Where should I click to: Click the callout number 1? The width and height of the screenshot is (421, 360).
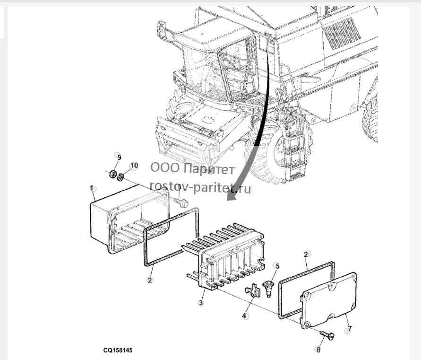click(x=91, y=188)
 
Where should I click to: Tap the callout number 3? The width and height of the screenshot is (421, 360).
click(x=200, y=303)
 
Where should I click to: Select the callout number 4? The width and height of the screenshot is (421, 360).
click(x=244, y=316)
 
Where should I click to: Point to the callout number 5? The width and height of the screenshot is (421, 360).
click(x=277, y=266)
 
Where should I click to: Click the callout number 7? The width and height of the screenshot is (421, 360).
click(x=349, y=328)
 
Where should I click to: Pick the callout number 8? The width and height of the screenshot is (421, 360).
click(x=318, y=350)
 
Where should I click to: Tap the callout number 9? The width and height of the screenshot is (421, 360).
click(x=119, y=157)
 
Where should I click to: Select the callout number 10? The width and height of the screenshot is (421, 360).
click(x=134, y=166)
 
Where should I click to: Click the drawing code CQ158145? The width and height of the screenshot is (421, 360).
click(x=118, y=351)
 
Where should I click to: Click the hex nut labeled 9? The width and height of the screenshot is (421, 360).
click(x=113, y=174)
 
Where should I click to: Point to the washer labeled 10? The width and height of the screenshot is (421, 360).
click(x=120, y=176)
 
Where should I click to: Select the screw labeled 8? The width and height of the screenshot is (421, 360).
click(x=327, y=335)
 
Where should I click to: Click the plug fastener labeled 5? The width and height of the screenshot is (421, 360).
click(x=269, y=288)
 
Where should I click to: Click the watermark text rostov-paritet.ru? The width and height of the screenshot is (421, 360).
click(x=200, y=188)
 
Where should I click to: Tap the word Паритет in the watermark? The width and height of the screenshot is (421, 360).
click(x=209, y=169)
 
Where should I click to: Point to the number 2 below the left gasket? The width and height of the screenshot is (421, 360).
click(x=150, y=280)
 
